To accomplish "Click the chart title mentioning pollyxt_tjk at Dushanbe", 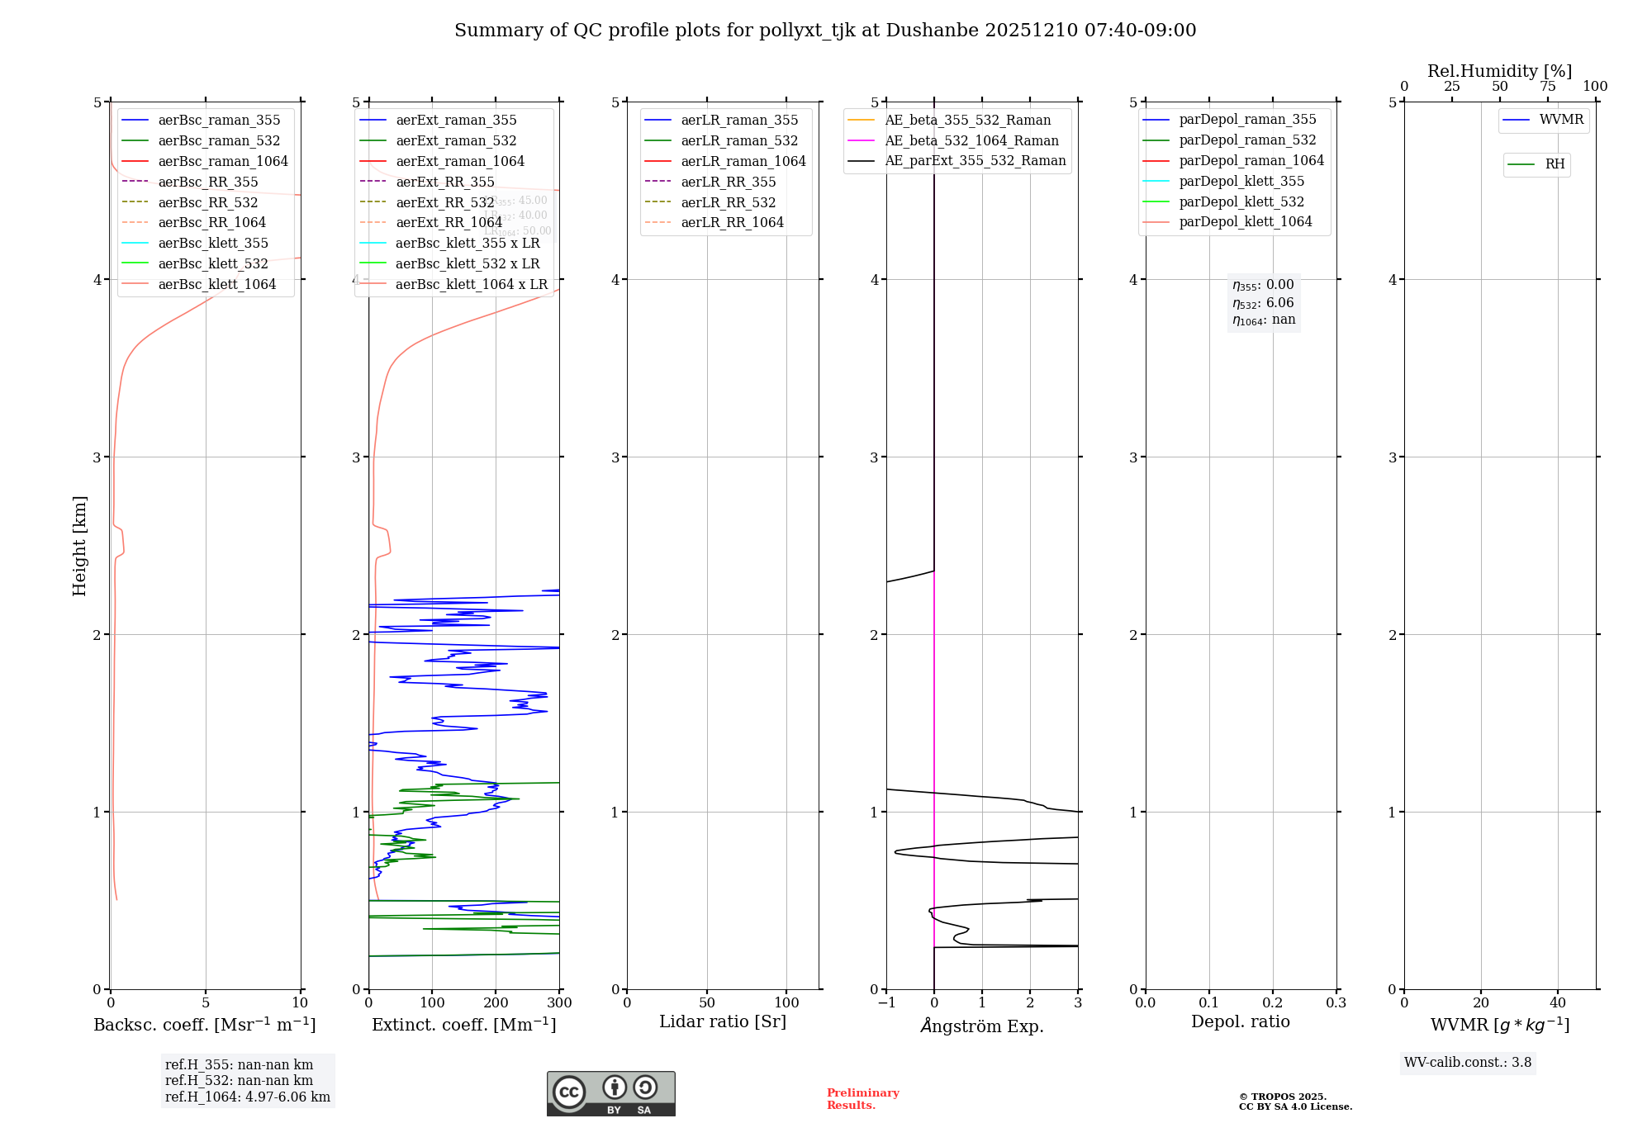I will point(825,31).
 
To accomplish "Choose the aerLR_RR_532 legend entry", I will point(728,202).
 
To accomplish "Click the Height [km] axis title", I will point(79,545).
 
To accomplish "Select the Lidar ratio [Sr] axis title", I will point(723,1021).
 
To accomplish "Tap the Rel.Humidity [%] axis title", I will point(1499,71).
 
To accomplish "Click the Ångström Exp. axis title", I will point(982,1026).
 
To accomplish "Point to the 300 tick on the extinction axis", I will point(559,1003).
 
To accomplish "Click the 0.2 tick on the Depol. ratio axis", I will point(1273,1003).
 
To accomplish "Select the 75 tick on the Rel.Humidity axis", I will point(1548,87).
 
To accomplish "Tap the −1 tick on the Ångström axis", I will point(886,1003).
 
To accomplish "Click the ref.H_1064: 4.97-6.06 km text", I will point(247,1097).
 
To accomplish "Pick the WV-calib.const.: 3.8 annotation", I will point(1468,1063).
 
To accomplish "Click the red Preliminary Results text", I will point(862,1099).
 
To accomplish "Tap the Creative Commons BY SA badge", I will point(610,1094).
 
